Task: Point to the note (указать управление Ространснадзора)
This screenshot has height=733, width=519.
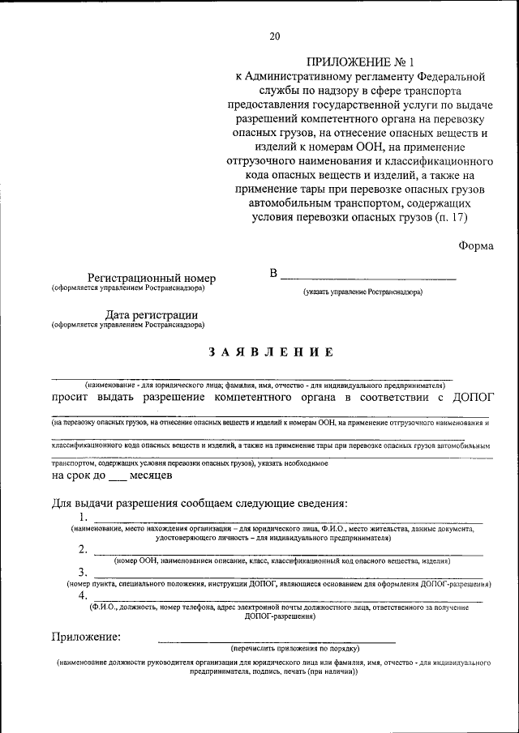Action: point(362,291)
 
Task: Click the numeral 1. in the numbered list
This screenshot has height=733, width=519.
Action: point(84,518)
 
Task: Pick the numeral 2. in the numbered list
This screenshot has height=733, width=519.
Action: point(84,548)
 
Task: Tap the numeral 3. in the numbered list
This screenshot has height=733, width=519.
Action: point(84,572)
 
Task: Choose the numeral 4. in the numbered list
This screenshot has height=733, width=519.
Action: point(84,595)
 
